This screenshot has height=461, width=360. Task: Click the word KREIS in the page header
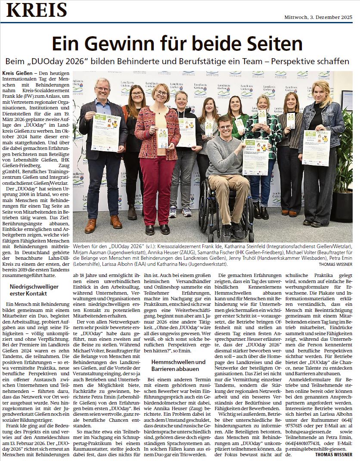[x=37, y=10]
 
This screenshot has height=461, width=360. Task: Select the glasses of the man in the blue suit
[x=102, y=89]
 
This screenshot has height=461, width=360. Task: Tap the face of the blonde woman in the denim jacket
[x=321, y=91]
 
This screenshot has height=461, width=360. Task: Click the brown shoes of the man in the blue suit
[x=103, y=223]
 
